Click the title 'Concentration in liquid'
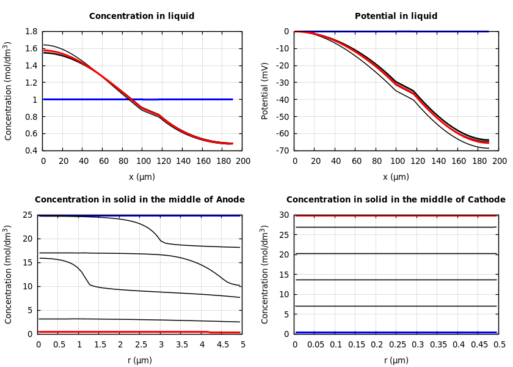142,17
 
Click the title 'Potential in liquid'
396,17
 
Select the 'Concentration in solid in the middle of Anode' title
139,199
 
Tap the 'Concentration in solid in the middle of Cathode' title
396,199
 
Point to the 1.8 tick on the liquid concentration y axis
31,31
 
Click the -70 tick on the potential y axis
282,150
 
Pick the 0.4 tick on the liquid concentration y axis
31,150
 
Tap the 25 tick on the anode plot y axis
27,215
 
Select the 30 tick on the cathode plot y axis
284,215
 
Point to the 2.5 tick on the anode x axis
140,345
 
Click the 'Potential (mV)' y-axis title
265,91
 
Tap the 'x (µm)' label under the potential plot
396,177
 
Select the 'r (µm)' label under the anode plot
139,360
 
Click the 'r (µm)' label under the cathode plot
396,360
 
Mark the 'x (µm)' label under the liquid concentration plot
142,177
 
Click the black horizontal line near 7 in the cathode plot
396,306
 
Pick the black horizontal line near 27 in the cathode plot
396,227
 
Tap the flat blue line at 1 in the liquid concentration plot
183,99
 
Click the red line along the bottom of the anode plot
122,332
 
